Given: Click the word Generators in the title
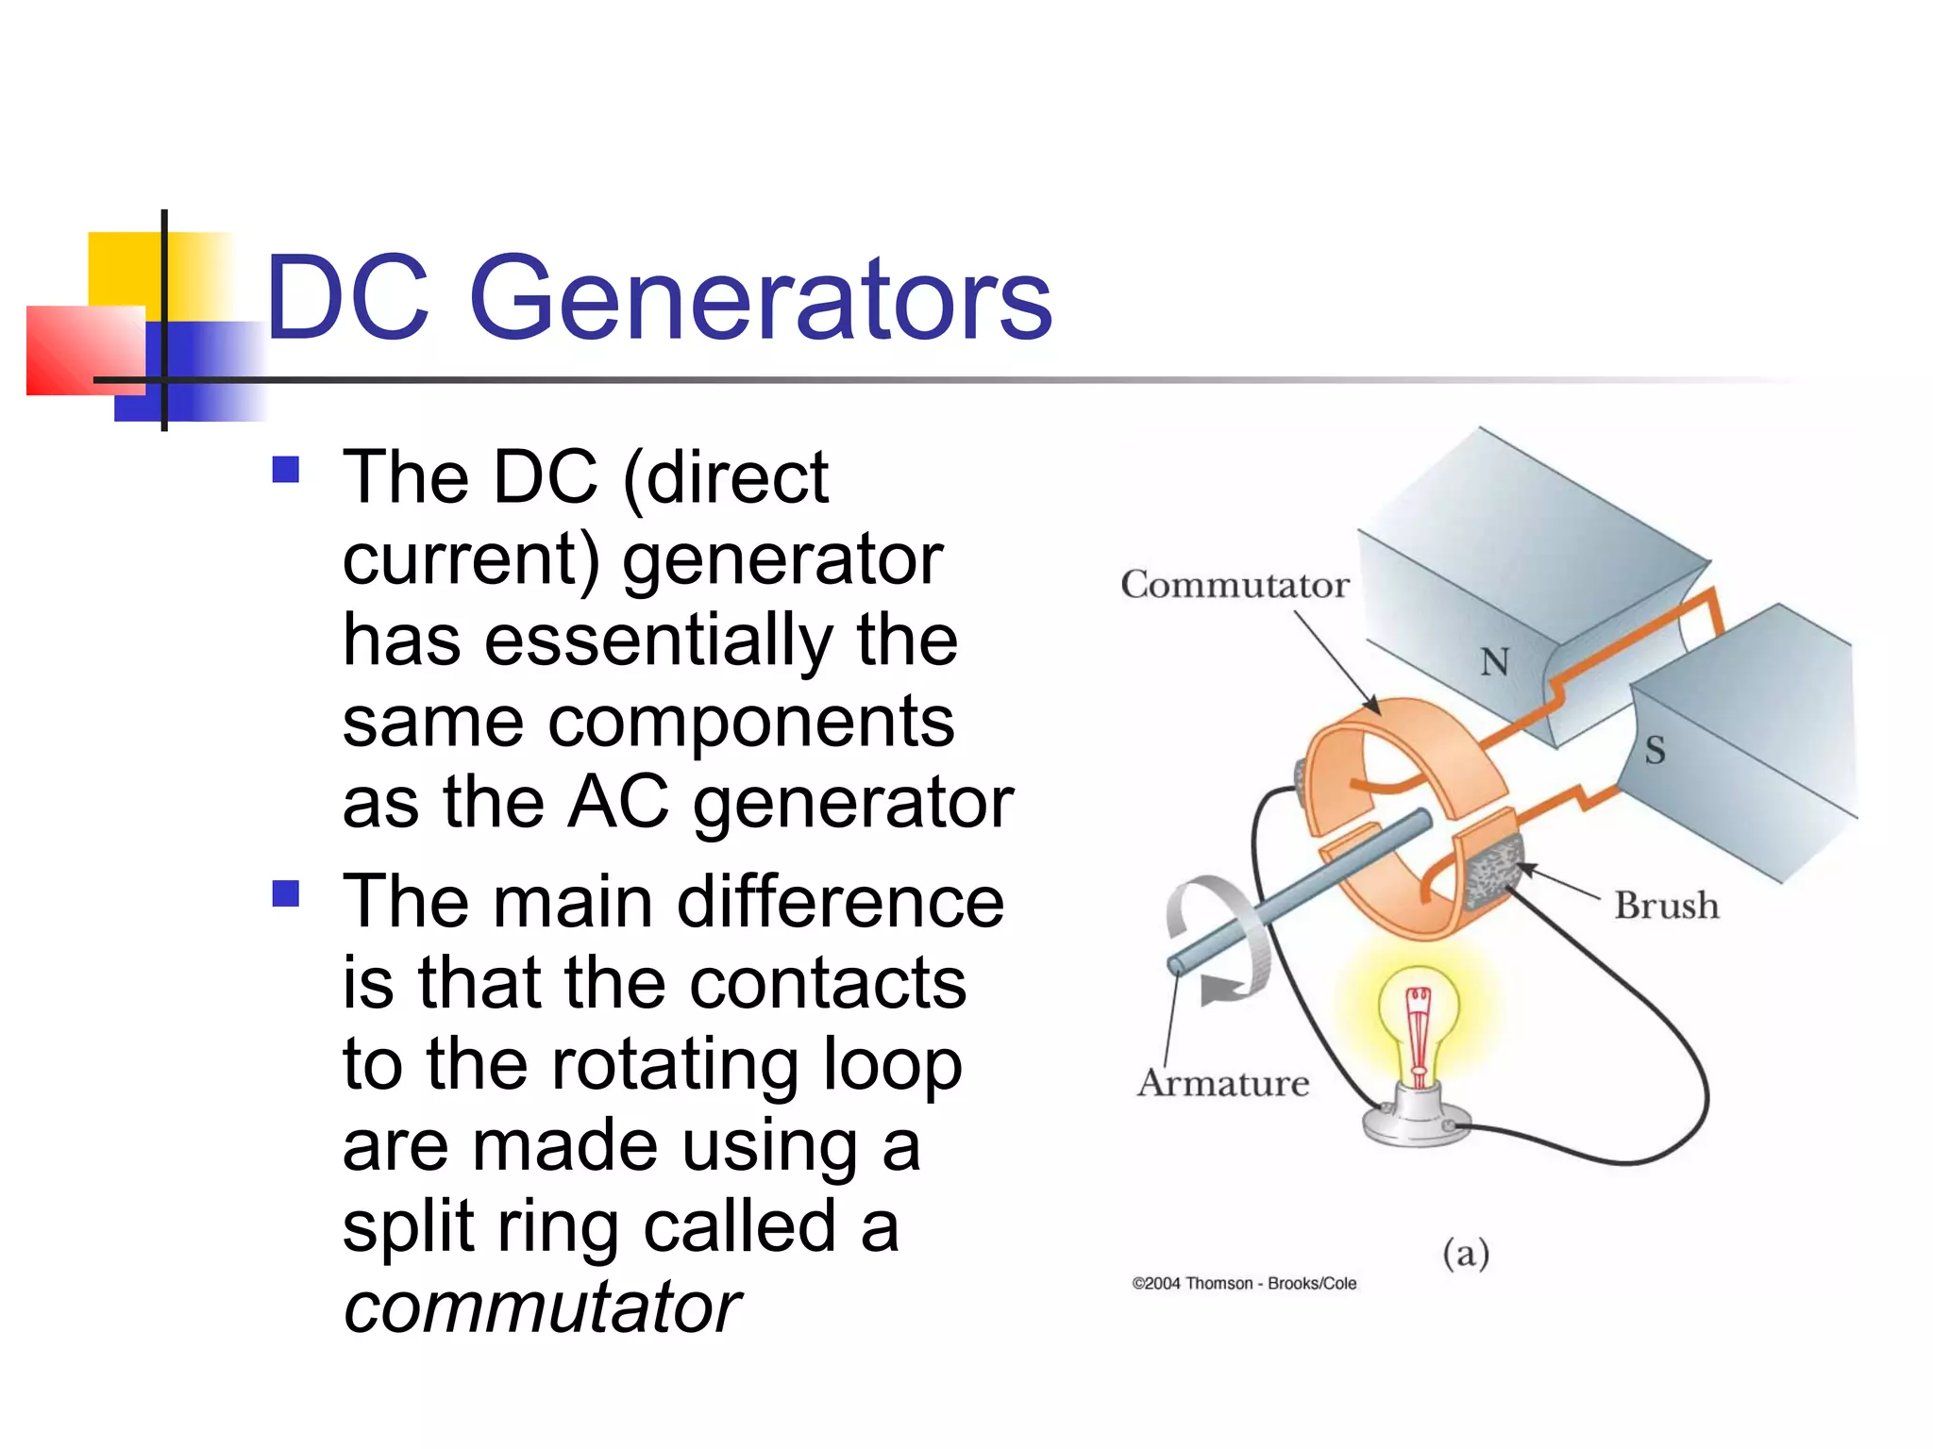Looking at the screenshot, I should point(760,300).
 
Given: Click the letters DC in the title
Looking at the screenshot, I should point(347,300).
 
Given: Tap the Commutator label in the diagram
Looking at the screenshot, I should point(1235,585).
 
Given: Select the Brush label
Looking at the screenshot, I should point(1666,906).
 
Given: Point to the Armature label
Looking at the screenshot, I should point(1223,1083).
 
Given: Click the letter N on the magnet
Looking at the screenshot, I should point(1494,662).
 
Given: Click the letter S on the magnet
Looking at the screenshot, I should point(1655,751).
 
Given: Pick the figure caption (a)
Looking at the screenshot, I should point(1465,1254).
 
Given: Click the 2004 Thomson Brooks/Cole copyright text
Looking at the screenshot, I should point(1244,1284).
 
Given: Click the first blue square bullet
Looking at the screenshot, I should point(285,470).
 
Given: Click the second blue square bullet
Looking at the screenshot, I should point(285,893).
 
